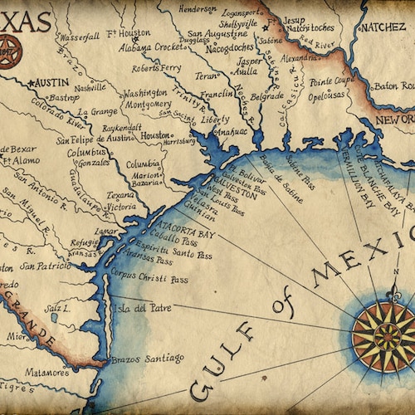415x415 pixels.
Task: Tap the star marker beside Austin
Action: click(x=32, y=84)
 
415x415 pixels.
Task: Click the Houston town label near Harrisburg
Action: click(x=156, y=134)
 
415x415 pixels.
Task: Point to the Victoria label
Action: click(x=120, y=206)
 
